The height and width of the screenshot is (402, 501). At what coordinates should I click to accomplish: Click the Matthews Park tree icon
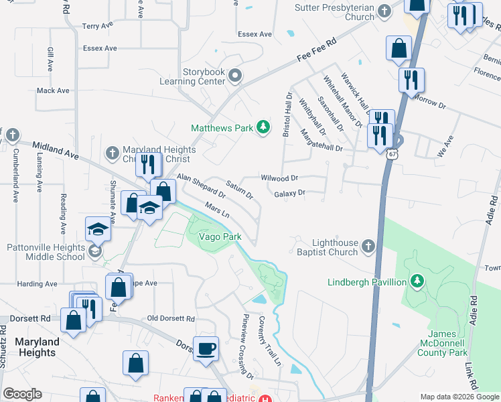264,127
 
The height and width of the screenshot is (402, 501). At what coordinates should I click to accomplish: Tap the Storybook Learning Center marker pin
234,76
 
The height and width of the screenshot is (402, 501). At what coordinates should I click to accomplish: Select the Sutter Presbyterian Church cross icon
384,11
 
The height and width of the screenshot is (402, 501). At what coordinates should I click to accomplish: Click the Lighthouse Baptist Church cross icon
368,247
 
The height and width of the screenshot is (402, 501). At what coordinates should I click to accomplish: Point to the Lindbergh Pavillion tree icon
417,281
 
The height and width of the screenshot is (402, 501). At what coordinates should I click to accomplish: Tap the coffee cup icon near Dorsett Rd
206,348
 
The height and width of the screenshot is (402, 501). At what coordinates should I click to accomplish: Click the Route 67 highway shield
390,154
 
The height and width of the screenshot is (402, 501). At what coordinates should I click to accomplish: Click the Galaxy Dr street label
290,193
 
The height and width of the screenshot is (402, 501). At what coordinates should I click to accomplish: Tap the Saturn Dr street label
239,190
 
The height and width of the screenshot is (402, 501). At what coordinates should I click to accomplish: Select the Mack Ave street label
54,90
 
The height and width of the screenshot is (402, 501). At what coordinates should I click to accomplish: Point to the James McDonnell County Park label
447,342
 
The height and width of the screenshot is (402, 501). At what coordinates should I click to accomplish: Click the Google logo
22,394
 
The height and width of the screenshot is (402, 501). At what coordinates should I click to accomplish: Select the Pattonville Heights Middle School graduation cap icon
98,229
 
